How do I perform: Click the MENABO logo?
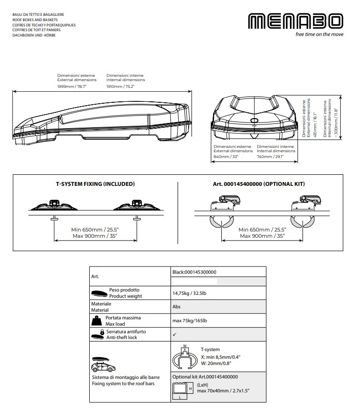[x=296, y=22]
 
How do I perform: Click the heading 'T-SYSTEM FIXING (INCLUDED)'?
[x=95, y=184]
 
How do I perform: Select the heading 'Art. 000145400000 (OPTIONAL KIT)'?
[x=259, y=184]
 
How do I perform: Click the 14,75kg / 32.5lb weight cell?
[x=191, y=293]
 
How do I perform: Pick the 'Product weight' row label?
[x=125, y=296]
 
